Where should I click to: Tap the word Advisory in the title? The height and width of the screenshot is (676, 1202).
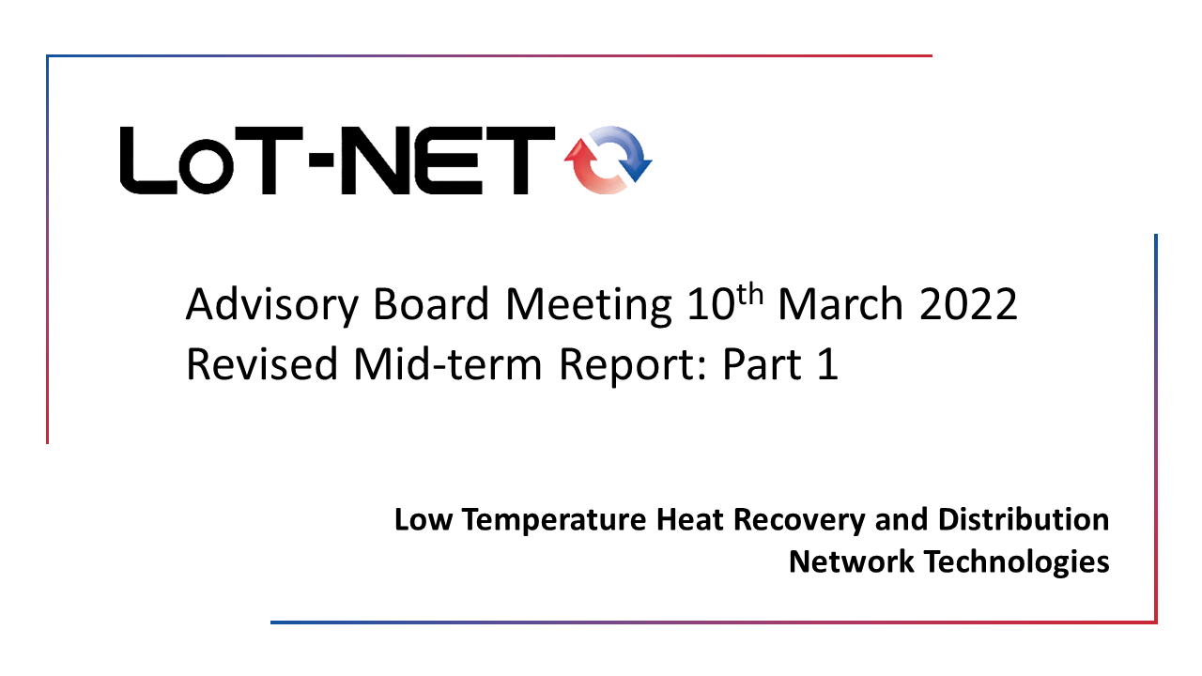tap(272, 305)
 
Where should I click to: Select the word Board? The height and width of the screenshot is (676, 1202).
tap(431, 303)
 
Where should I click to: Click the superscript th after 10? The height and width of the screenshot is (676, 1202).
tap(750, 294)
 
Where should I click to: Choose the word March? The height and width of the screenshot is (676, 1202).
tap(840, 303)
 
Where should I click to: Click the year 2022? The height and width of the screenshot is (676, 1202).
tap(968, 303)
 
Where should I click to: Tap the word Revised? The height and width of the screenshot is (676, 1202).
tap(262, 363)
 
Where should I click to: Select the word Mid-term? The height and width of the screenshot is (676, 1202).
tap(448, 363)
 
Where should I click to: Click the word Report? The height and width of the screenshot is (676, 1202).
tap(633, 366)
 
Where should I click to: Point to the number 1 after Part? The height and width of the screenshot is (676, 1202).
tap(828, 363)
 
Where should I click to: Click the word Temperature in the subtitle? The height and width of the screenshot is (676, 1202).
tap(554, 520)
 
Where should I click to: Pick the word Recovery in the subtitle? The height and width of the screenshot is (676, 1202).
tap(799, 520)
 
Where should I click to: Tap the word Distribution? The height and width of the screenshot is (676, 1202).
tap(1024, 519)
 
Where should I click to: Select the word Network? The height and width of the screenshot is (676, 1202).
tap(852, 561)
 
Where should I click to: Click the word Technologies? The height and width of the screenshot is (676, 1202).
tap(1017, 563)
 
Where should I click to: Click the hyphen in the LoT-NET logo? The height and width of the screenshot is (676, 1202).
tap(321, 160)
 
